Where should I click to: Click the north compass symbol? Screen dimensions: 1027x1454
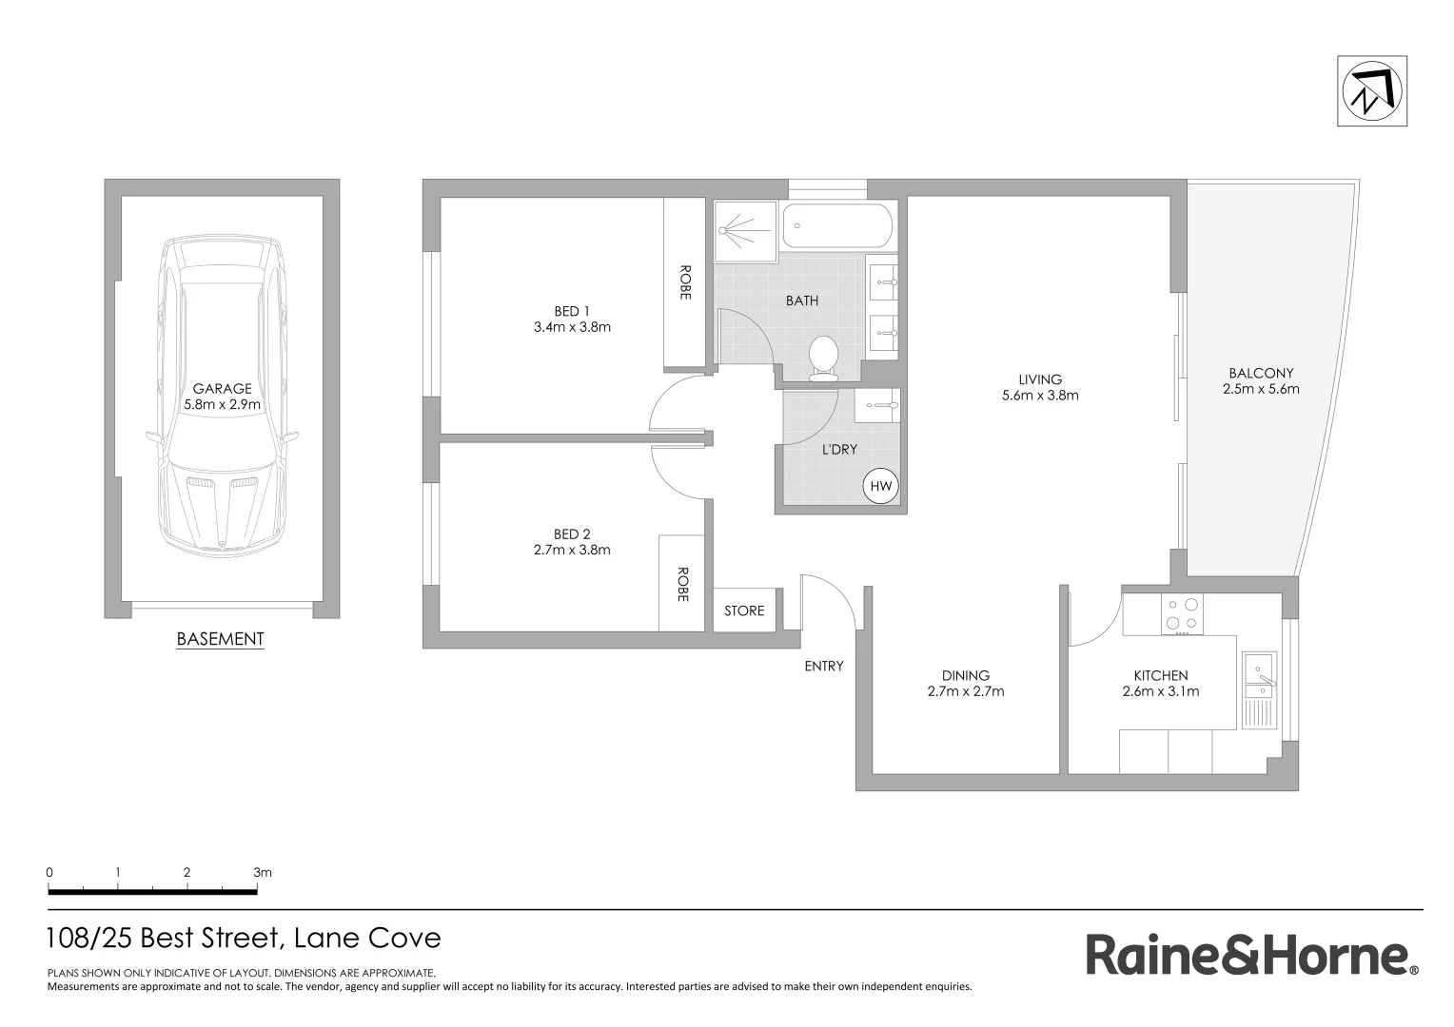[x=1371, y=91]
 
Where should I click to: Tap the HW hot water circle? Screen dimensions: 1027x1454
[x=881, y=487]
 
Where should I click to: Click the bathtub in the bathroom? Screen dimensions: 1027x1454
[x=837, y=227]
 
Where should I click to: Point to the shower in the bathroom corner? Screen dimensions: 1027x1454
[x=746, y=229]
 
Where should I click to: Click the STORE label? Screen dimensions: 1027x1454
[x=744, y=610]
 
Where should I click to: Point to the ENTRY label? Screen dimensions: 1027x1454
[x=823, y=666]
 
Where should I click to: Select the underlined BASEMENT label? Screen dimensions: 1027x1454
[x=220, y=639]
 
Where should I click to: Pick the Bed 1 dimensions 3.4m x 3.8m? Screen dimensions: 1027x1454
[x=572, y=327]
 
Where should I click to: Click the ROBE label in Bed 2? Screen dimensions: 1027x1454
[x=682, y=584]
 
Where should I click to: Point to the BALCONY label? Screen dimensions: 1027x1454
[x=1261, y=374]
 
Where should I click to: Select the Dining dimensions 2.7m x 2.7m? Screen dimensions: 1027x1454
[x=966, y=691]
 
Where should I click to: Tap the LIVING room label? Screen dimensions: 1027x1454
[x=1040, y=379]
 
